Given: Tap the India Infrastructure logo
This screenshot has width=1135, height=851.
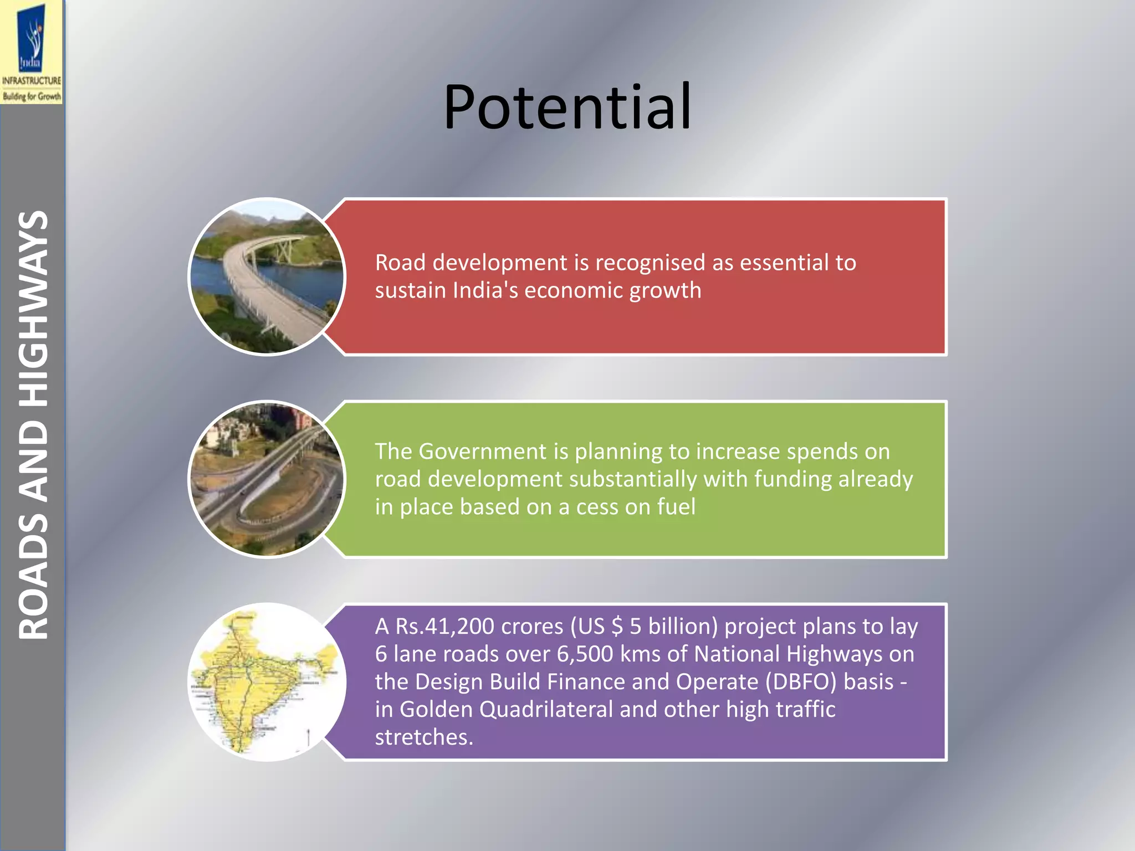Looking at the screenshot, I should coord(32,53).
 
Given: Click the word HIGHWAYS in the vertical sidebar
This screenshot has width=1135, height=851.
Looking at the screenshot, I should coord(33,307).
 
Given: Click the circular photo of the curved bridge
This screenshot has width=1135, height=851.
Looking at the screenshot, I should coord(267,276).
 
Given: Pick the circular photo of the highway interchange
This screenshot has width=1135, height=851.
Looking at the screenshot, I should coord(267,479).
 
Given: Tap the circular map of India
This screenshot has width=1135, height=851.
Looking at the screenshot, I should coord(267,681).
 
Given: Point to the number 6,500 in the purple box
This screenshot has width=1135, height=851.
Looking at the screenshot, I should coord(585,654).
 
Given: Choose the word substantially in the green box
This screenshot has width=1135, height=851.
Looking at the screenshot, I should coord(632,479).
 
